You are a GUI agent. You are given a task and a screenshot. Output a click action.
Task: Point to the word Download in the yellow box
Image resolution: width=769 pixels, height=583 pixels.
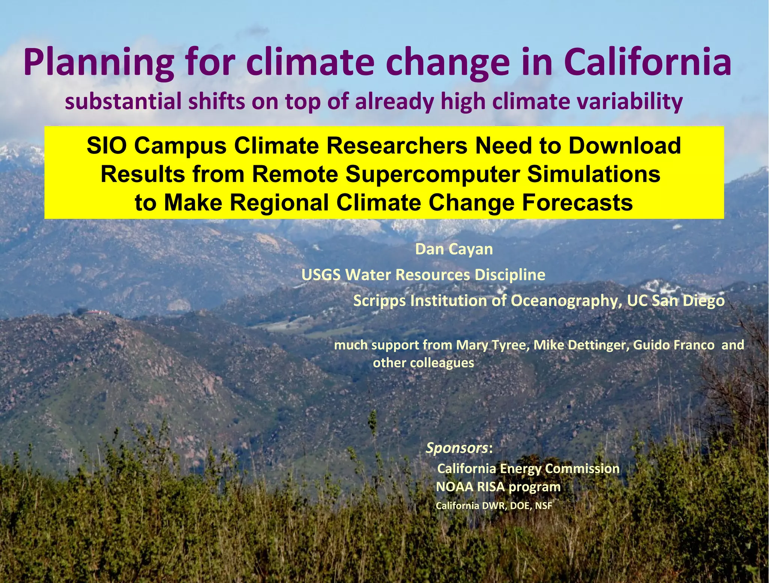[624, 146]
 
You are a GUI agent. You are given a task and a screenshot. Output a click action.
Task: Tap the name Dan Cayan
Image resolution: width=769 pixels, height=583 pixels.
[454, 249]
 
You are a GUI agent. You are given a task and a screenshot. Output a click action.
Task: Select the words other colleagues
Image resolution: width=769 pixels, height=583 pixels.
[423, 363]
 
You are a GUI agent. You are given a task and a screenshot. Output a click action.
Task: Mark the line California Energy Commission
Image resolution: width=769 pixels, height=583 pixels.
[528, 469]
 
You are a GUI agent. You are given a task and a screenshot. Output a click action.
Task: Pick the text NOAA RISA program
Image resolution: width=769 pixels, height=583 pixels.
[498, 487]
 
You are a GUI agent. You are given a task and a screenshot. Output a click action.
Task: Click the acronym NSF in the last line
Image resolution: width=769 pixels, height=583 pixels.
[543, 506]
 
